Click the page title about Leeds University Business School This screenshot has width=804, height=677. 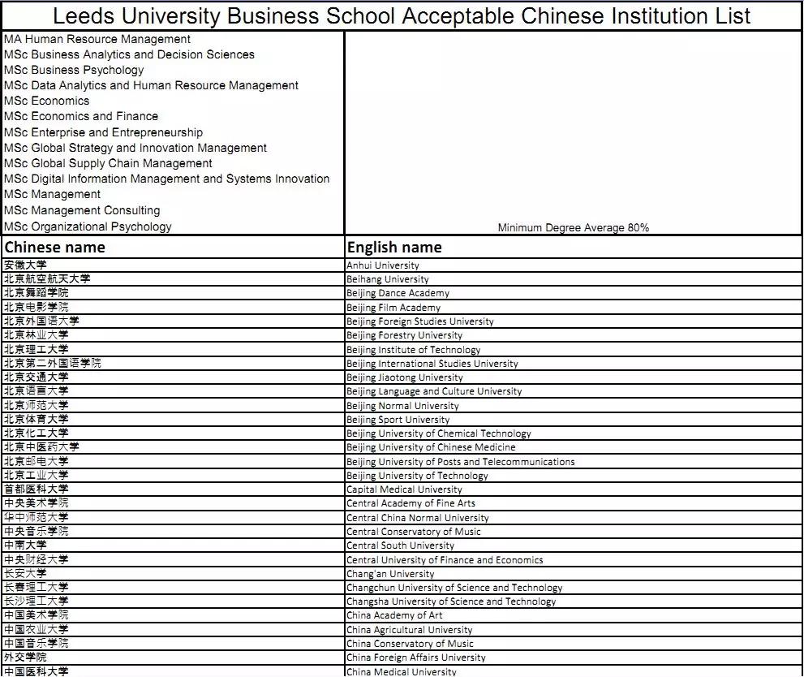402,15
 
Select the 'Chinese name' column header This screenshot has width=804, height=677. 54,247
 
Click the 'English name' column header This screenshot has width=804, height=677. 394,247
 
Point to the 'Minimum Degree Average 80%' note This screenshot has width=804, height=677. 573,228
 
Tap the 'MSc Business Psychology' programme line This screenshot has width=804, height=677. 74,70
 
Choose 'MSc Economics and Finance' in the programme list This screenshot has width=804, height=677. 81,116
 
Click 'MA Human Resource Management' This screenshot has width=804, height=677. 97,39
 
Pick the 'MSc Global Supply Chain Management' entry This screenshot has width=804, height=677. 108,163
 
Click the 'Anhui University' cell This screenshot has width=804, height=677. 383,265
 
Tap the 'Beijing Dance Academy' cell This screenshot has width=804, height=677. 398,293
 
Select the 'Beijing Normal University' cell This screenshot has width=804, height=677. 402,405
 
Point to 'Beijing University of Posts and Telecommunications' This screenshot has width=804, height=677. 460,461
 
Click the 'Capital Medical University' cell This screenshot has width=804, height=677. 404,489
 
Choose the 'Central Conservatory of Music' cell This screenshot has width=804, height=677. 413,532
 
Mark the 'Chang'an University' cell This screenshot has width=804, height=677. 390,574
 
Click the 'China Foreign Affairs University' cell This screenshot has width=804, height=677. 415,658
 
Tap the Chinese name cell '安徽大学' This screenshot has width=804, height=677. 25,265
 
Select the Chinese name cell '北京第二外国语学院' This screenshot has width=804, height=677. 53,363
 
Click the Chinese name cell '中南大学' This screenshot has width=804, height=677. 25,545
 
